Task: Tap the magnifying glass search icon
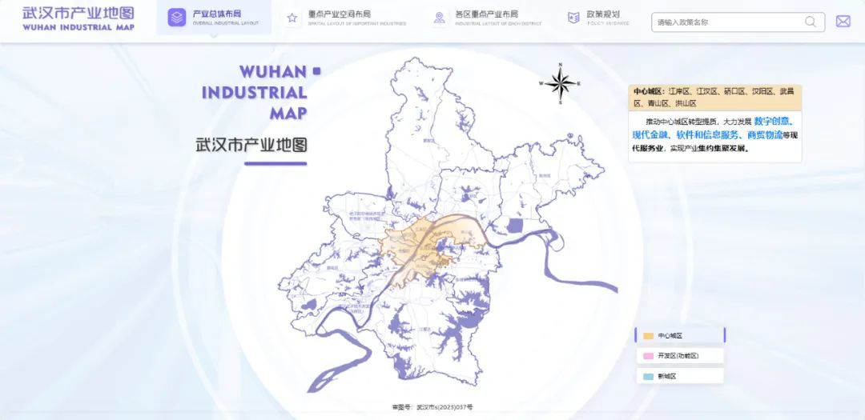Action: coord(811,22)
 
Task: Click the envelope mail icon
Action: coord(843,22)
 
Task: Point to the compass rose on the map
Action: coord(561,83)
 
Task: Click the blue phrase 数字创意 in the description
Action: coord(772,122)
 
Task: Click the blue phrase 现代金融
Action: coord(650,134)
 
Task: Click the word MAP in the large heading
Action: coord(288,113)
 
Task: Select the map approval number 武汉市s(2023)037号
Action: coord(432,407)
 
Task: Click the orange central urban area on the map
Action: coord(424,244)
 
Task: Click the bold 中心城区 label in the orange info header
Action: coord(648,92)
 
